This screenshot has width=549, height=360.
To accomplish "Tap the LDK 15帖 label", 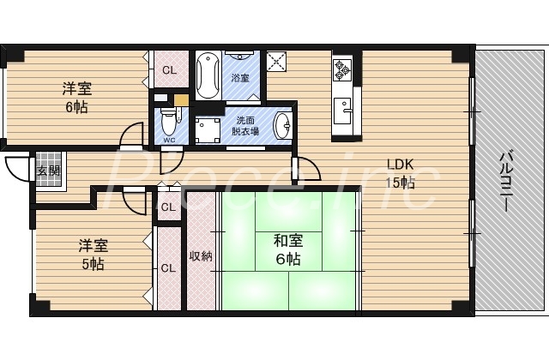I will pos(401,173).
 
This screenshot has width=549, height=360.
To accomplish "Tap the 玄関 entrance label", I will pos(47,170).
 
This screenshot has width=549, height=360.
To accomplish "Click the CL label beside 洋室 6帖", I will pos(169,70).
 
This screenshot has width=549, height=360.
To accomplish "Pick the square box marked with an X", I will pos(277,63).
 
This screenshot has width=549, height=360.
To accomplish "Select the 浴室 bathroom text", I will pos(240,78).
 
